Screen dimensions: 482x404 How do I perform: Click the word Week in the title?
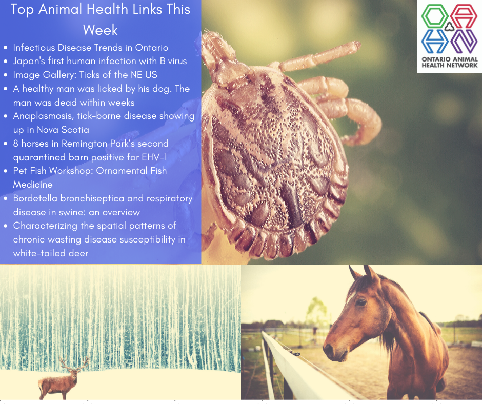click(x=100, y=30)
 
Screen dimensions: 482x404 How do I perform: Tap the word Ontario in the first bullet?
click(x=152, y=48)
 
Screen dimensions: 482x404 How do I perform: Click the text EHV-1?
click(x=154, y=157)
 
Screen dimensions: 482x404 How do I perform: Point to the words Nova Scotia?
click(x=63, y=130)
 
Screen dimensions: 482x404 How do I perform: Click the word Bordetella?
click(x=35, y=198)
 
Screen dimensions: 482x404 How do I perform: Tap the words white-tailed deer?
click(x=51, y=253)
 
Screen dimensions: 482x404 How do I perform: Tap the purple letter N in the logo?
click(x=465, y=42)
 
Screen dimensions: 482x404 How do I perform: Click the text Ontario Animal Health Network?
click(x=449, y=62)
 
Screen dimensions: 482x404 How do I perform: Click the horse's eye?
click(x=360, y=302)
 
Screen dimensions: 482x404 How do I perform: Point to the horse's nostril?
click(x=328, y=349)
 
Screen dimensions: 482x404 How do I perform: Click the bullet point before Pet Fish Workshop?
click(x=6, y=171)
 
